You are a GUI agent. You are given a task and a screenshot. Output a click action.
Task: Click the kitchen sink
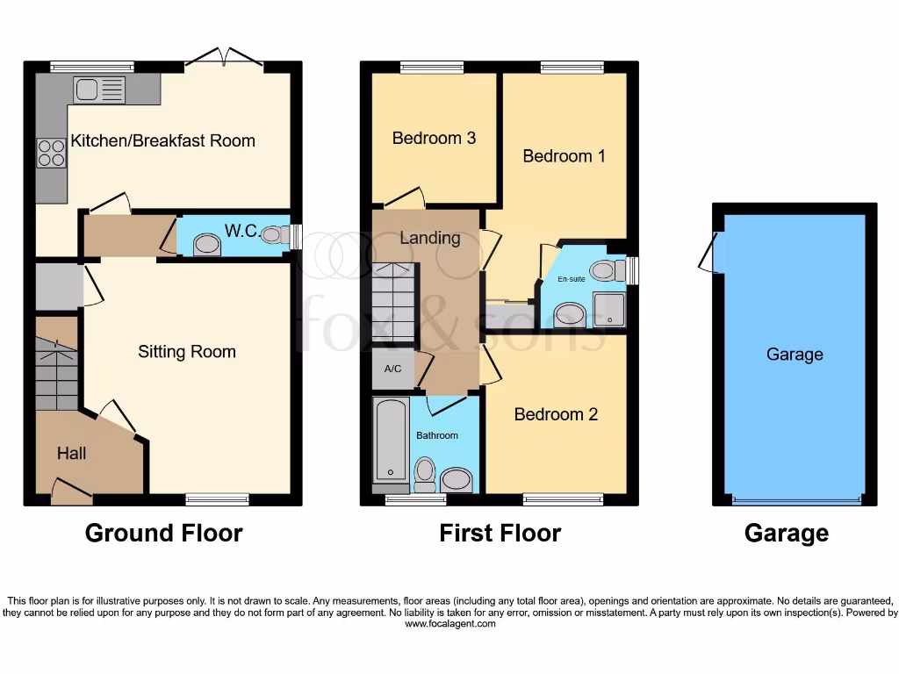tap(99, 89)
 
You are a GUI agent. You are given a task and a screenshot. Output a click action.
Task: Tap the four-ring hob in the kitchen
tap(51, 153)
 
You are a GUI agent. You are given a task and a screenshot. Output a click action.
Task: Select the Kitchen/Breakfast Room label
tap(162, 140)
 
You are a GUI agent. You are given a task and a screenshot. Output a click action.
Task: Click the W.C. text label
tap(241, 231)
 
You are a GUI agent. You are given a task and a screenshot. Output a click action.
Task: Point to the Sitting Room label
tap(187, 352)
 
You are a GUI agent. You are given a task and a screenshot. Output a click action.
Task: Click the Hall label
tap(72, 454)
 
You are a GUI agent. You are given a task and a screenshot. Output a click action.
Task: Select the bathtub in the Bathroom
tap(391, 440)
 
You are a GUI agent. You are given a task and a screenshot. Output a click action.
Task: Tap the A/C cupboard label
tap(392, 369)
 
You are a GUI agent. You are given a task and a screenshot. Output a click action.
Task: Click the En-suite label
tap(572, 279)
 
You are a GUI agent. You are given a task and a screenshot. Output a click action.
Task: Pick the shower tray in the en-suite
tap(608, 310)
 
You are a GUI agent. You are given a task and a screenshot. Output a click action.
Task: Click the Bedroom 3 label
tap(434, 138)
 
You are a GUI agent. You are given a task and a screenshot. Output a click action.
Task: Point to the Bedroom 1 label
tap(564, 156)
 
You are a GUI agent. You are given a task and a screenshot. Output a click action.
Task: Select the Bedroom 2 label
tap(556, 414)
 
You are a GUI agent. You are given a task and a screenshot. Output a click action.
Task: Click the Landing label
tap(430, 238)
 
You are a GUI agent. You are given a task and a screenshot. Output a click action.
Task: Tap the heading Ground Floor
tap(163, 533)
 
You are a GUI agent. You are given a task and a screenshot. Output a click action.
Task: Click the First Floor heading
tap(500, 533)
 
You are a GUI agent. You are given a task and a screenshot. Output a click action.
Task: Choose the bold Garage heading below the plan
tap(786, 533)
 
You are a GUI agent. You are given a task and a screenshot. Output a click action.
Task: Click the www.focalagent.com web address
tap(449, 624)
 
